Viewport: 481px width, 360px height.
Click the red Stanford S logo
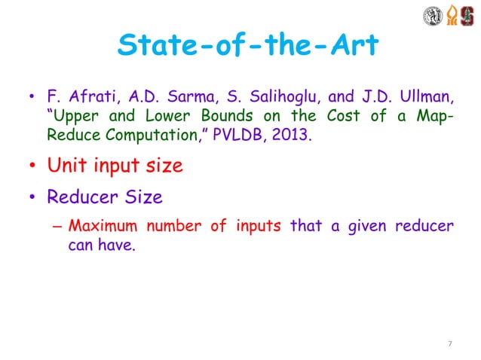pos(467,16)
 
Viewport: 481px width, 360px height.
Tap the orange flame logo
pos(450,16)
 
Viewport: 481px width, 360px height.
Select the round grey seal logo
pos(432,16)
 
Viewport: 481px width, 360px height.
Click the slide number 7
pos(449,343)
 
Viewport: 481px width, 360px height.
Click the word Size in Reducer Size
pos(143,197)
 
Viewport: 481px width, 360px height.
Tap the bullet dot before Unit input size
pos(32,166)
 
